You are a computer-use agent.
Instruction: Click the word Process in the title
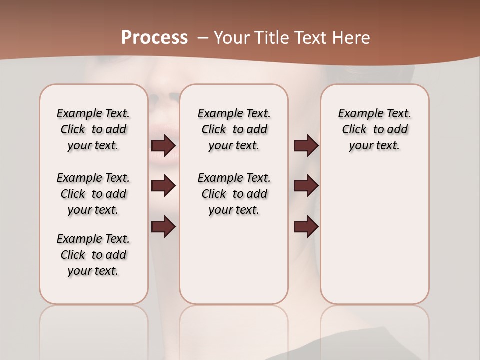(x=154, y=37)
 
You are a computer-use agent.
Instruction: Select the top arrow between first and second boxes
(x=163, y=146)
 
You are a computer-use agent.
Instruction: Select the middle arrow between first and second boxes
(x=163, y=186)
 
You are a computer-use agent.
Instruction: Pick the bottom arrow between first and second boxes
(x=163, y=227)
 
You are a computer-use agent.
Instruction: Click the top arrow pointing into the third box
(x=306, y=146)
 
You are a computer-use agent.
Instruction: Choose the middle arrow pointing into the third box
(x=306, y=186)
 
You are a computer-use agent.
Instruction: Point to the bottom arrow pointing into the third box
(x=306, y=227)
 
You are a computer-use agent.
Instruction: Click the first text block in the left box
(x=93, y=129)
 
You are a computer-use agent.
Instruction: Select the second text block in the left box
(x=93, y=194)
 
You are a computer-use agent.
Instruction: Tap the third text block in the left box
(x=93, y=255)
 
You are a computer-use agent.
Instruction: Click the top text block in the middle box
(x=234, y=129)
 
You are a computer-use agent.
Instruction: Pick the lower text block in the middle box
(x=234, y=194)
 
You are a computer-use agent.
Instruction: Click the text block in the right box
(x=374, y=129)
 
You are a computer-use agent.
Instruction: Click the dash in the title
(x=203, y=37)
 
